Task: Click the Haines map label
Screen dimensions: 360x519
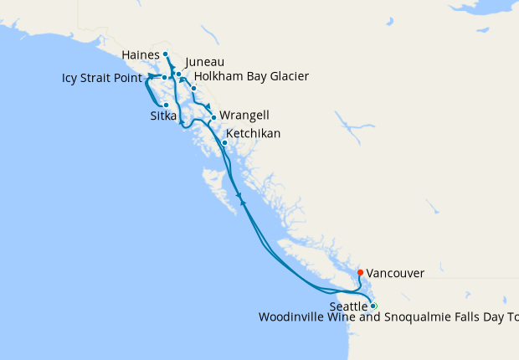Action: pyautogui.click(x=140, y=54)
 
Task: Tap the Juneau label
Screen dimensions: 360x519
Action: pyautogui.click(x=204, y=62)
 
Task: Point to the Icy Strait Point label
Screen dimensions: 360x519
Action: pyautogui.click(x=107, y=79)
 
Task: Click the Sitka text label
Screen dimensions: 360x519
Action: pyautogui.click(x=163, y=116)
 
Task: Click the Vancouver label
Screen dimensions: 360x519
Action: pyautogui.click(x=395, y=273)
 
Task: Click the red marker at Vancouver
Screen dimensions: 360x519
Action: pyautogui.click(x=360, y=272)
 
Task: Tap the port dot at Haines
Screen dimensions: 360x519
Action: pyautogui.click(x=166, y=54)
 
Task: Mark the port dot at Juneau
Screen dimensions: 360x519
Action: pyautogui.click(x=178, y=75)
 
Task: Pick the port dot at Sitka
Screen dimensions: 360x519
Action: pyautogui.click(x=166, y=105)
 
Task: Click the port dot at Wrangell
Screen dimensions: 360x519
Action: pyautogui.click(x=213, y=117)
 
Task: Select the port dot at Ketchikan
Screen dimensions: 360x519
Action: pyautogui.click(x=224, y=142)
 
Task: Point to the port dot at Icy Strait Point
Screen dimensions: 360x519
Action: pyautogui.click(x=164, y=78)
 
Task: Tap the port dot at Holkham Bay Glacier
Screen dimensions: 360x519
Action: pyautogui.click(x=193, y=88)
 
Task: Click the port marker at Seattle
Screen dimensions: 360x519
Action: pyautogui.click(x=373, y=306)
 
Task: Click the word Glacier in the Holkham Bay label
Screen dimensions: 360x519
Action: pyautogui.click(x=286, y=77)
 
